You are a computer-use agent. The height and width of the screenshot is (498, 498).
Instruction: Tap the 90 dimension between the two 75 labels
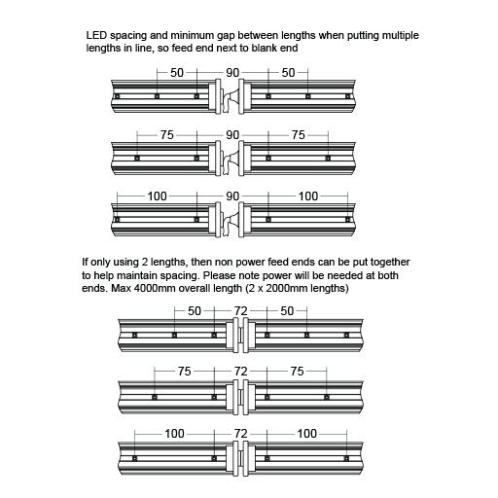point(233,135)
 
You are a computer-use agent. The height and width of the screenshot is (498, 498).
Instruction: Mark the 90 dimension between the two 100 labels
point(233,196)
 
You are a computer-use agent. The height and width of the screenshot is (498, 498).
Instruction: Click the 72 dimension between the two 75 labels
point(241,371)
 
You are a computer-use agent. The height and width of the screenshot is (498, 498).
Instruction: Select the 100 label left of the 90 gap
point(158,196)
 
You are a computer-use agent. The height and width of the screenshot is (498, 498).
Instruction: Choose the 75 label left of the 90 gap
point(167,135)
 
